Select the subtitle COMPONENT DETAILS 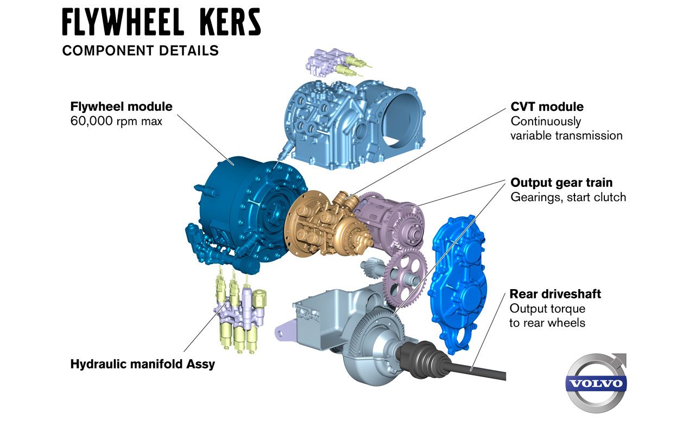point(141,51)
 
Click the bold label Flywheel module point(121,107)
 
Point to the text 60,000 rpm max point(116,121)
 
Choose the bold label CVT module point(547,107)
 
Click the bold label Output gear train point(561,183)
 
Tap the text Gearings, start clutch point(568,197)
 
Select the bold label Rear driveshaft point(555,294)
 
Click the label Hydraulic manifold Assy point(143,364)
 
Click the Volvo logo point(596,383)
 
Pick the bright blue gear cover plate point(457,284)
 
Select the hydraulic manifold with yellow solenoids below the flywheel point(239,311)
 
